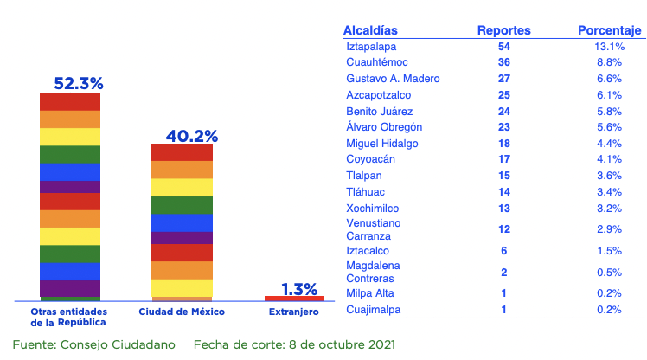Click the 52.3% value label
point(79,83)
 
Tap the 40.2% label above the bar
point(191,136)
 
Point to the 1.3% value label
point(299,289)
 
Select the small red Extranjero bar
point(294,298)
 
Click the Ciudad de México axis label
point(182,310)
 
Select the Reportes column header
point(503,31)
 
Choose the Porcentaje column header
point(609,31)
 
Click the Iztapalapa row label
point(371,47)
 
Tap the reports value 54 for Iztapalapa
point(504,47)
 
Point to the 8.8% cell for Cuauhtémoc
point(608,62)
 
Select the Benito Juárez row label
point(379,112)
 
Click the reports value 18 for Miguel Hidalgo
point(504,144)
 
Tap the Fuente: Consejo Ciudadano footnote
point(93,344)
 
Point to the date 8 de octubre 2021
point(338,344)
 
